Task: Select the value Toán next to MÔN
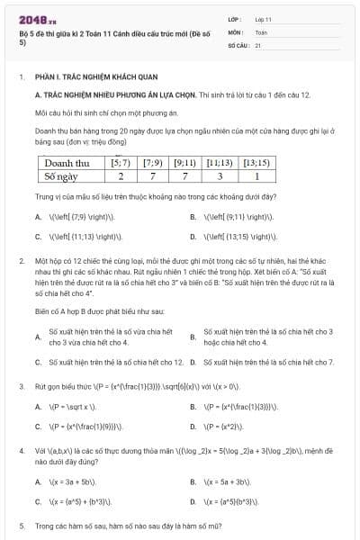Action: tap(261, 31)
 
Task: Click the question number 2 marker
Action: tap(21, 259)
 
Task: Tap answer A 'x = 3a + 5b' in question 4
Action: tap(71, 481)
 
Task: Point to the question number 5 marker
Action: tap(21, 524)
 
